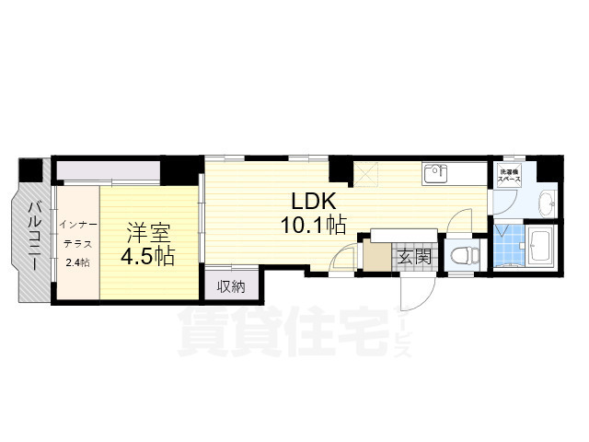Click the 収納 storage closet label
pos(231,286)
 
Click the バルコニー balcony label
pos(31,235)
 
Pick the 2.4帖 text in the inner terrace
pos(76,263)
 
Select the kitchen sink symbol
pos(433,172)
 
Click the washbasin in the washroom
pos(544,202)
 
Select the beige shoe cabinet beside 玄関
pos(376,256)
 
